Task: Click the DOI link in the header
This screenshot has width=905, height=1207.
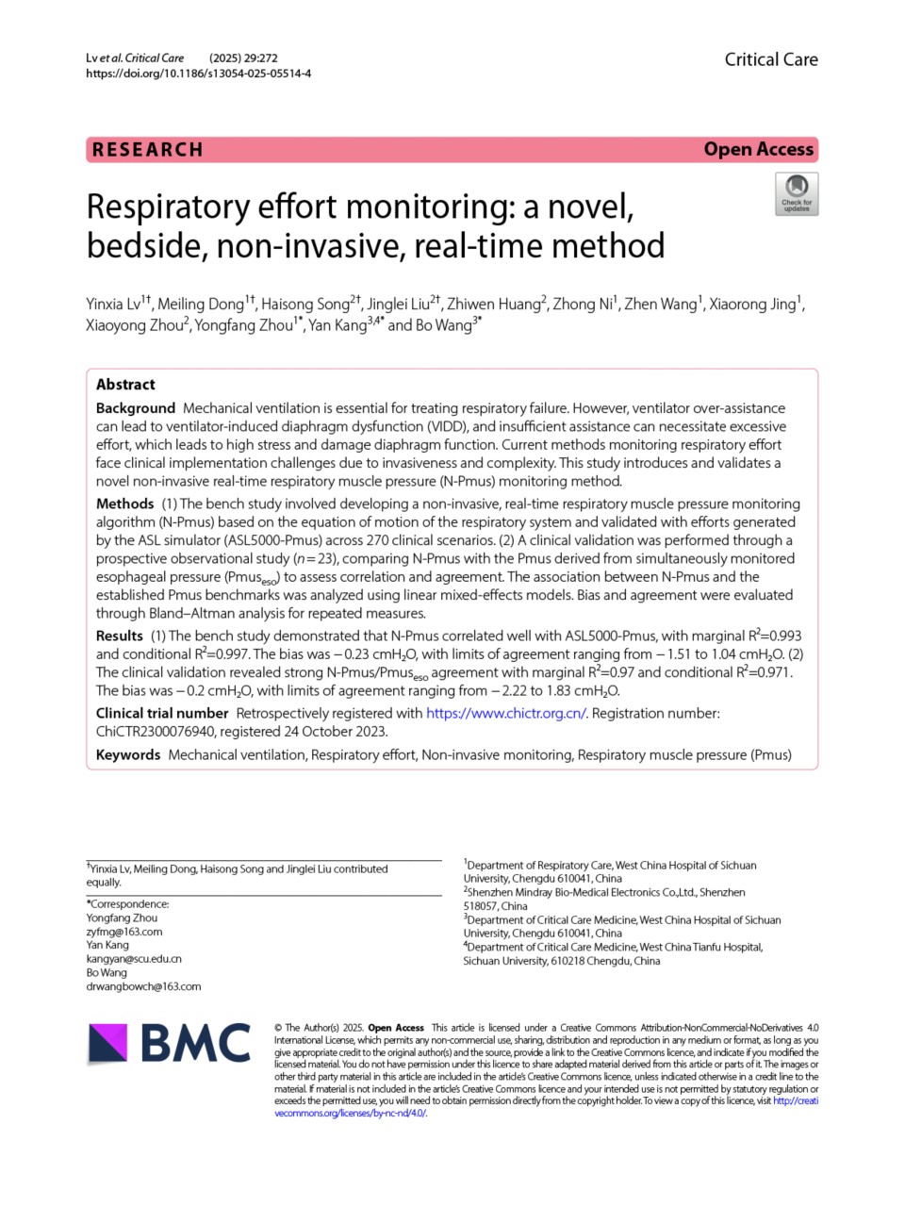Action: pos(198,73)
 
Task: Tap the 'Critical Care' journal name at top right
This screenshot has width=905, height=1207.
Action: pos(770,59)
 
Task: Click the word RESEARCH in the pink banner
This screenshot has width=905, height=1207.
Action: pos(148,150)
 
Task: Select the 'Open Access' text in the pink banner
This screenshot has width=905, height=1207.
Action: pos(758,149)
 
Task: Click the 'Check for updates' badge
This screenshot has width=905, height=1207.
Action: pos(797,193)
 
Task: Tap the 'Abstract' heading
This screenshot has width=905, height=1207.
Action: pos(125,384)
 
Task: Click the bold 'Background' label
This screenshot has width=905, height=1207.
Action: pos(136,408)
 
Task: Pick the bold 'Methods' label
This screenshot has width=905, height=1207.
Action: pos(124,504)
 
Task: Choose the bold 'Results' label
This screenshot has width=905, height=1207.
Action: pos(120,636)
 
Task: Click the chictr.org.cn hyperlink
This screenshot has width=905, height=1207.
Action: pos(506,713)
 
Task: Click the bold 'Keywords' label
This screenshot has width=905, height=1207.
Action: pos(128,754)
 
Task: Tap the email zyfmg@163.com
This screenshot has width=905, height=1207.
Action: pos(124,932)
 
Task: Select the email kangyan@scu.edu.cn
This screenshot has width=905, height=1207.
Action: pos(134,959)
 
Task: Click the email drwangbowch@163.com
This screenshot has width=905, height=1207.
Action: pos(143,986)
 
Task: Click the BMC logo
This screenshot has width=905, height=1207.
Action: pos(170,1043)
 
